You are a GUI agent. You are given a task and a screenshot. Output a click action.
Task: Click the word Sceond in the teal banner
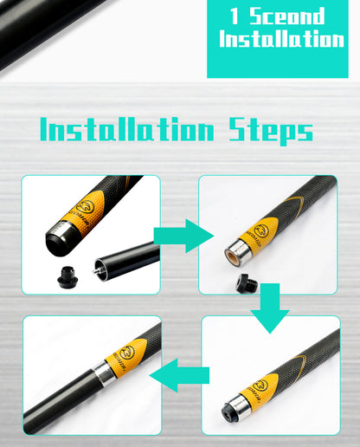coord(287,16)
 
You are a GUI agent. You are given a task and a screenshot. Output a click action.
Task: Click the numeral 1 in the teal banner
coord(235,16)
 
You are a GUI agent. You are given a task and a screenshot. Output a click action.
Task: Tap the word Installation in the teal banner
coord(281,39)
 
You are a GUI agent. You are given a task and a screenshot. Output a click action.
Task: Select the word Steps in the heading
coord(271,131)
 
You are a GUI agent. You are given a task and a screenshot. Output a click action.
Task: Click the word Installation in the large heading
coord(127,129)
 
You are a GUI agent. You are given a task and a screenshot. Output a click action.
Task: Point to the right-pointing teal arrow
coord(183,236)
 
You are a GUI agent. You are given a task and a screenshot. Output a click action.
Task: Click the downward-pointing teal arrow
coord(270,308)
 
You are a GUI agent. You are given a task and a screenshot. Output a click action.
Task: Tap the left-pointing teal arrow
coord(179,376)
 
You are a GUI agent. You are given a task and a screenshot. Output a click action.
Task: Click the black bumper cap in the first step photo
coord(68,277)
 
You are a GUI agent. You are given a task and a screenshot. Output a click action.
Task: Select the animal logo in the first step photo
coord(85,208)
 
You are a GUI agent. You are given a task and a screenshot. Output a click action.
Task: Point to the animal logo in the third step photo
coord(262,387)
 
